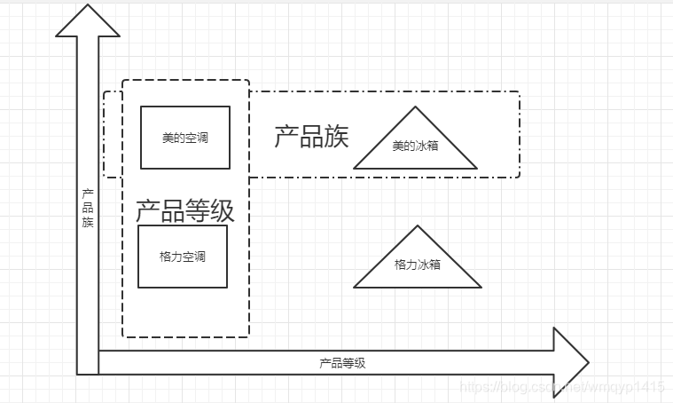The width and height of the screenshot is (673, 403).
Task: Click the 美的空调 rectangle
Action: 185,138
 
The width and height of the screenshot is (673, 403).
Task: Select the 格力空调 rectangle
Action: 183,257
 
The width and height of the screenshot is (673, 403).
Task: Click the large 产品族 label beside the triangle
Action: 311,137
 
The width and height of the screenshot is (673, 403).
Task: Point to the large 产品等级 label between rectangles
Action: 184,211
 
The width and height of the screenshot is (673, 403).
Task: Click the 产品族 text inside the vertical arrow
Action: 88,208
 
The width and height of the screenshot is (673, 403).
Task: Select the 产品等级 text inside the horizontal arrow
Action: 342,363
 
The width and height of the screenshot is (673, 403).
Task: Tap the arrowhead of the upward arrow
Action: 88,22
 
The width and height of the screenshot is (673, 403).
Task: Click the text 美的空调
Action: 185,138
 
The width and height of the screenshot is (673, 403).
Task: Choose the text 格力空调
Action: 183,257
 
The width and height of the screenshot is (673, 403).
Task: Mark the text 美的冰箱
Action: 415,146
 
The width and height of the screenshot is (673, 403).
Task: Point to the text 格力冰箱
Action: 418,265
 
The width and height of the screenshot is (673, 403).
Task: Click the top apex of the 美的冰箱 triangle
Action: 415,107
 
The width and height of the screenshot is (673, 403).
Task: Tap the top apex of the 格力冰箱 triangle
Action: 418,225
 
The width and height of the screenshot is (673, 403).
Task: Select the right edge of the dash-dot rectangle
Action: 519,134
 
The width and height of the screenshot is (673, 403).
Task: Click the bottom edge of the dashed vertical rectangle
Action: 185,337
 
